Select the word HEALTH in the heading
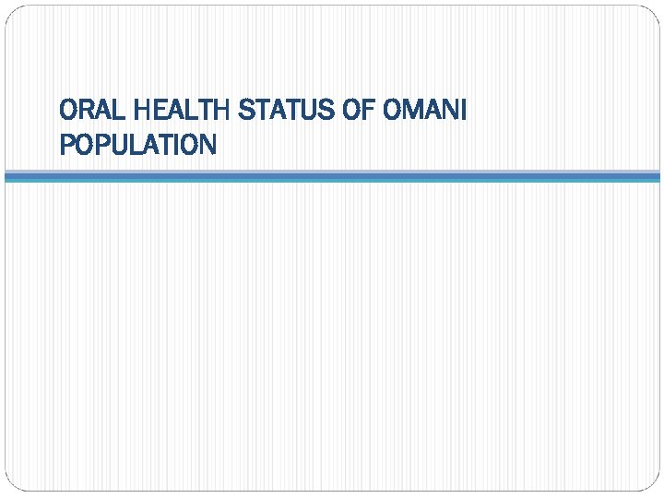(x=183, y=112)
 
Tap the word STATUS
(x=280, y=112)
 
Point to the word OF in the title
(x=351, y=112)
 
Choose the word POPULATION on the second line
(x=137, y=145)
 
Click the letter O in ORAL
(x=67, y=112)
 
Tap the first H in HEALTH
(x=141, y=112)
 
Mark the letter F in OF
(x=362, y=112)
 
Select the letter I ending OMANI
(x=464, y=112)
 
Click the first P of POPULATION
(x=65, y=145)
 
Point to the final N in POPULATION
(x=207, y=145)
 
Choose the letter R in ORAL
(x=85, y=112)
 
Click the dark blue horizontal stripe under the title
(x=332, y=173)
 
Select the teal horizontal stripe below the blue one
(x=332, y=180)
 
